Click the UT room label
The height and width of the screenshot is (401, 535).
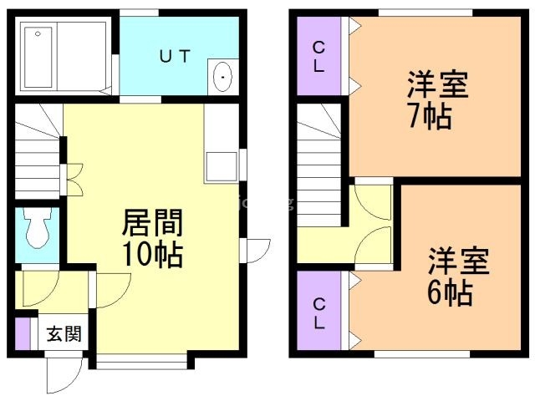[176, 56]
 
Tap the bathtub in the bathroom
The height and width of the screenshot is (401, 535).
[42, 56]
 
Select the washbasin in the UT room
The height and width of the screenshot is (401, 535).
[223, 79]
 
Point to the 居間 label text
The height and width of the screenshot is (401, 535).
[151, 224]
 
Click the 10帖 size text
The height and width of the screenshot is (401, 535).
[151, 254]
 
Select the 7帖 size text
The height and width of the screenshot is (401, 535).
[431, 115]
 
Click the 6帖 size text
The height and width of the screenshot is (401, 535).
[451, 292]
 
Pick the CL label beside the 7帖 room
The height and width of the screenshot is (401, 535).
[318, 56]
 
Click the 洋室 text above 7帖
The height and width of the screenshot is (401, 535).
[437, 85]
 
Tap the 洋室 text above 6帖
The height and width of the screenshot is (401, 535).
[458, 261]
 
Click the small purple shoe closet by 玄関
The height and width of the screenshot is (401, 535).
[23, 332]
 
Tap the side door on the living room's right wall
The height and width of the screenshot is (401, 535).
[257, 250]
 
